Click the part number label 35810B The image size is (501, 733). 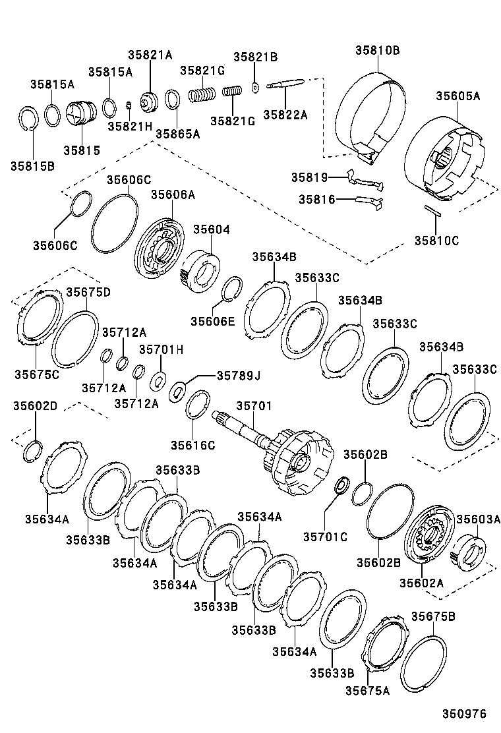tap(378, 50)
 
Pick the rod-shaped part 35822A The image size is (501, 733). tap(285, 84)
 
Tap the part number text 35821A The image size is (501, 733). tap(150, 55)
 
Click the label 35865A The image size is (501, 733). tap(177, 133)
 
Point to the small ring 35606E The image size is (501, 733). tap(230, 289)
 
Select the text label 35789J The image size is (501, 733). tap(239, 376)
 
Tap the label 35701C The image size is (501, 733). tap(325, 537)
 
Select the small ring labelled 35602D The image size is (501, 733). tap(34, 452)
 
